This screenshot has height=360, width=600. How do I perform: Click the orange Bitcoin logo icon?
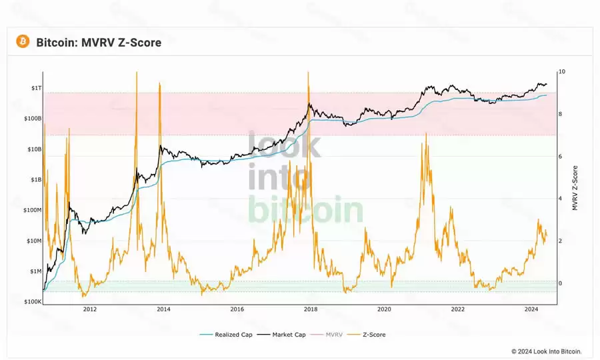tap(23, 42)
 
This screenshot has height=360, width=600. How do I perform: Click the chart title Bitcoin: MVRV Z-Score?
tap(99, 43)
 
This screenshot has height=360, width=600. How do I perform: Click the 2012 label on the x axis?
tap(89, 309)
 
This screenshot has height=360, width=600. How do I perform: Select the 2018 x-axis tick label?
tap(310, 309)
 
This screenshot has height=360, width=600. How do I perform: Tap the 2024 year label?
tap(531, 309)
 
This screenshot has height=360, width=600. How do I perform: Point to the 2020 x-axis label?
tap(384, 309)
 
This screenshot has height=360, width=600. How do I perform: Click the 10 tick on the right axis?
tap(562, 71)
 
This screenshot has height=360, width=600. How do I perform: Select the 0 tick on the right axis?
tap(561, 283)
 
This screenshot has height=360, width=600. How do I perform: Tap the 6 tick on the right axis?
tap(561, 156)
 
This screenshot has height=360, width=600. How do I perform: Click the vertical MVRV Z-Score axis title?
tap(575, 188)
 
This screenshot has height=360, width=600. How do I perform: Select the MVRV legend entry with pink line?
tap(331, 335)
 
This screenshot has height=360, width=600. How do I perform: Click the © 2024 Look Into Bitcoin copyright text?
tap(547, 351)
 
